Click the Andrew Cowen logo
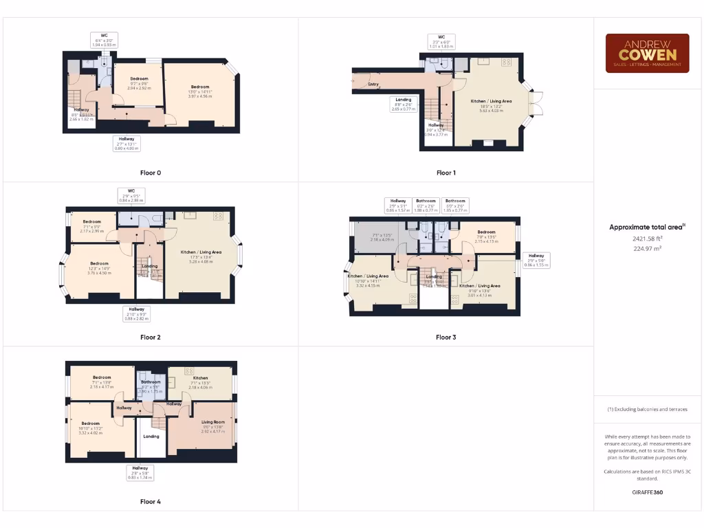647,53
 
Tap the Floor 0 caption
150,173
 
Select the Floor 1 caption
446,173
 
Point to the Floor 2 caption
150,338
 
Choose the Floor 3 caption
445,338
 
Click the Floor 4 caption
150,502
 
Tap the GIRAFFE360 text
647,492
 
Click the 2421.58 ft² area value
646,239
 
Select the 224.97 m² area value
646,249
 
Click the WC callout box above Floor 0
104,40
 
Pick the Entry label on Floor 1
373,84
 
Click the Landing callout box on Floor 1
404,104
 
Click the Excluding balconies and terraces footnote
647,409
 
